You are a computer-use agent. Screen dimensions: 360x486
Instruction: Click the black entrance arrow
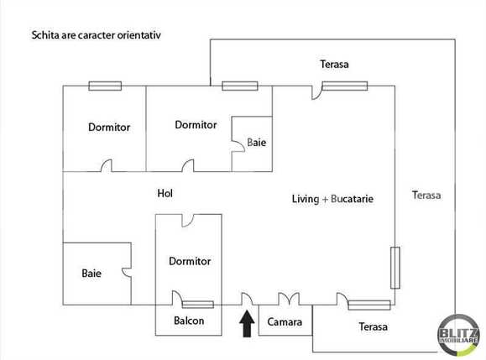(247, 323)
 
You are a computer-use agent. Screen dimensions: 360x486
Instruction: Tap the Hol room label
(165, 193)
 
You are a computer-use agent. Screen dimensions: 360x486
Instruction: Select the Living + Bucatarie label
(332, 199)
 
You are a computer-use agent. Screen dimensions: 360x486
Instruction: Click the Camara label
(285, 321)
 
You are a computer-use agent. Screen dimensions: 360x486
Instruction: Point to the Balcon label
(189, 321)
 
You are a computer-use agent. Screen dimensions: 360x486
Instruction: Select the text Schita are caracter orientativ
(95, 36)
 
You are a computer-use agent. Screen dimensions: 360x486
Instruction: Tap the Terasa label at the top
(334, 64)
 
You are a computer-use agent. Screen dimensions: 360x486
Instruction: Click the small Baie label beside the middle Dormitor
(257, 143)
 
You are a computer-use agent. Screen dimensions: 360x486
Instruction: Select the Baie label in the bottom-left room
(91, 273)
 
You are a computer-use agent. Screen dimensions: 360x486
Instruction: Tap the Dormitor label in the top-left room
(109, 128)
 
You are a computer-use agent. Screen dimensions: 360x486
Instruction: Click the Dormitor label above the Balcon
(190, 261)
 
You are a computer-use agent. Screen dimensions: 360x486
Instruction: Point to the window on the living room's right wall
(394, 267)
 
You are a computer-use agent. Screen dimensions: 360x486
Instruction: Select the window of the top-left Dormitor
(105, 86)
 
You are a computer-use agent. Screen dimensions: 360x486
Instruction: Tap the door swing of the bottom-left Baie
(126, 273)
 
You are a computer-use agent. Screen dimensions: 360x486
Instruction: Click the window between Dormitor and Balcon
(197, 305)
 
